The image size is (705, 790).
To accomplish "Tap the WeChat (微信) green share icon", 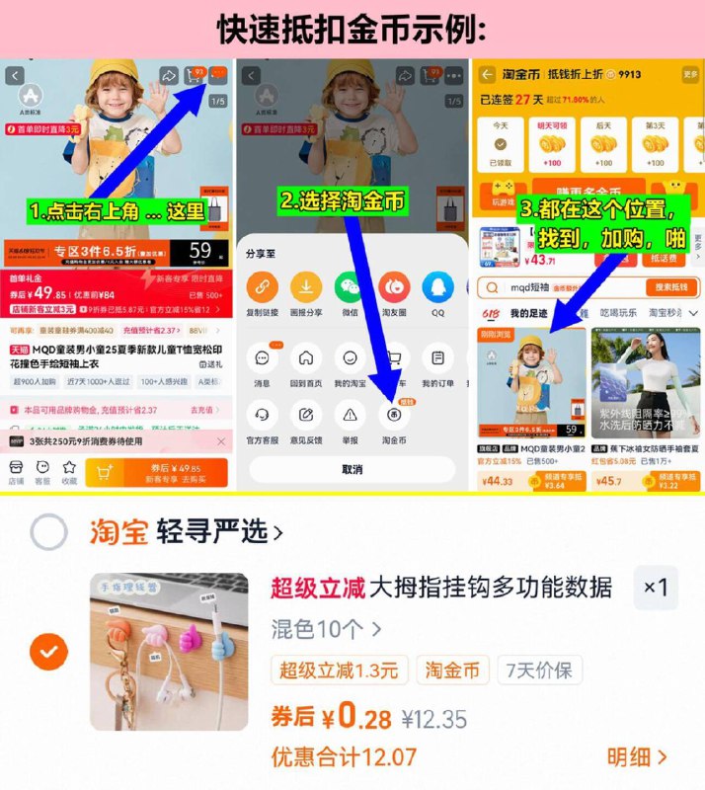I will [351, 287].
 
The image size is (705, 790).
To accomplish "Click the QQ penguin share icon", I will [437, 287].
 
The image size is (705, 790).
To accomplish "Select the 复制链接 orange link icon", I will [263, 287].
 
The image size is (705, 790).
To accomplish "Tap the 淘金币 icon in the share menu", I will [393, 415].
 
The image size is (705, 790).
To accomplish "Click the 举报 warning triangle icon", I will [350, 415].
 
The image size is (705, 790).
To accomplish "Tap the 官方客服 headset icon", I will [263, 415].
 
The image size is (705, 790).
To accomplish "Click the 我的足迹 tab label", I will [528, 313].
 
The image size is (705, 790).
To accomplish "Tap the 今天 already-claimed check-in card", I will [501, 146].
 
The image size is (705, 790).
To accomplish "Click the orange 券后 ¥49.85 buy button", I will [156, 472].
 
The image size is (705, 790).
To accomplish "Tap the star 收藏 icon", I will [68, 468].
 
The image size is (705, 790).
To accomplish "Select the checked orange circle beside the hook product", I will [48, 651].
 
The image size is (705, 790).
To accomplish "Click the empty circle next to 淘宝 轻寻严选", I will [48, 532].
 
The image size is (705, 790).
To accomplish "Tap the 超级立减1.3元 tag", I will [339, 671].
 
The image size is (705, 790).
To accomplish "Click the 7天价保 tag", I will [539, 671].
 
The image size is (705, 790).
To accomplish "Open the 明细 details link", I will [637, 757].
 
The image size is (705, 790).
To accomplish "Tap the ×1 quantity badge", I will [656, 588].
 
